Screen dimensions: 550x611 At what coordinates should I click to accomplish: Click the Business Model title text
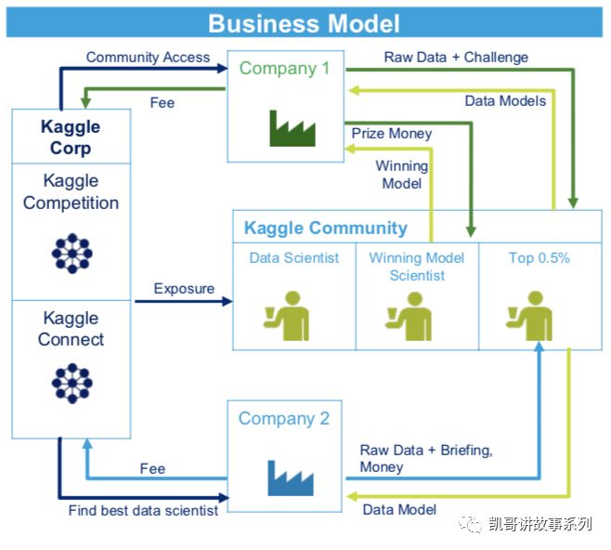305,22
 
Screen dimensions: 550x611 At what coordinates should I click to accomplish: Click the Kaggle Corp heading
71,136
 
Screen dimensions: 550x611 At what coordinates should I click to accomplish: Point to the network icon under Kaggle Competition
71,252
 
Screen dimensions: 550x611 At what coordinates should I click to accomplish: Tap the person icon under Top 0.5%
531,313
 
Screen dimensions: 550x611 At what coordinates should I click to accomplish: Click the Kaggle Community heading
325,228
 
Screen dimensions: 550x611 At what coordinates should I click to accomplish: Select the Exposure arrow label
184,288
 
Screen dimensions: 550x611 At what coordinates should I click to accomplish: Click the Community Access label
148,58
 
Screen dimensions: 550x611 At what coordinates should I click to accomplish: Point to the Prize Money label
391,134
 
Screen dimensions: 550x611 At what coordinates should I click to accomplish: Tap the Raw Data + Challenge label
456,58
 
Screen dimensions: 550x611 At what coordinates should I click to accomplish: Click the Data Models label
505,100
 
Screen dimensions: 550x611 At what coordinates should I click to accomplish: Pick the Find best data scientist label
143,510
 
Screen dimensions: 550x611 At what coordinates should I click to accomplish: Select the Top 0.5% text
539,258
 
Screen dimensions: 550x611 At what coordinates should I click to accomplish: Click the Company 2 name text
284,418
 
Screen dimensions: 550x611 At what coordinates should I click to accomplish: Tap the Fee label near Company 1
162,102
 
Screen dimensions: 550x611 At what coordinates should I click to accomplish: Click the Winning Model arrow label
402,175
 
